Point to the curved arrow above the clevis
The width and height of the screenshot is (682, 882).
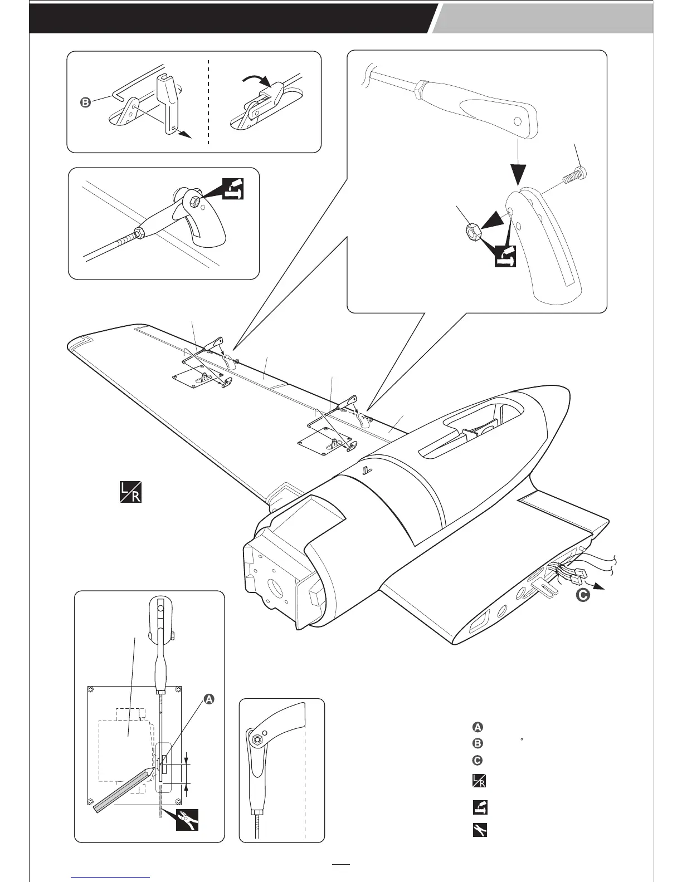click(x=257, y=81)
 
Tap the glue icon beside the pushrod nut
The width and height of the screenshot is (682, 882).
click(x=233, y=188)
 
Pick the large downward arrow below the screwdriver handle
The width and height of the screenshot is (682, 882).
click(x=518, y=167)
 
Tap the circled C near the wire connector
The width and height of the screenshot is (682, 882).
click(x=582, y=595)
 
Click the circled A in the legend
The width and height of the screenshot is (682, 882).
click(x=478, y=727)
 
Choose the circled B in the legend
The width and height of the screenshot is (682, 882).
click(x=478, y=743)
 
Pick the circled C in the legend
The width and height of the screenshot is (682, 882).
click(x=478, y=760)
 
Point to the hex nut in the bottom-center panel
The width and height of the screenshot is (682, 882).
click(x=259, y=739)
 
